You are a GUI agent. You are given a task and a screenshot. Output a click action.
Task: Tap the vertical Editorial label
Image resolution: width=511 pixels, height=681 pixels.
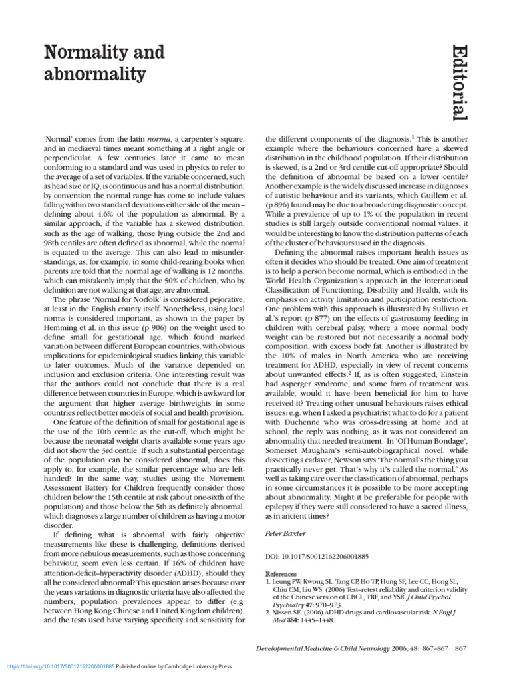[x=455, y=82]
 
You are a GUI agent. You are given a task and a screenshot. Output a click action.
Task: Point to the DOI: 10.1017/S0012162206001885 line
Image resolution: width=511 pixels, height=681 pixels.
[x=316, y=556]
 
